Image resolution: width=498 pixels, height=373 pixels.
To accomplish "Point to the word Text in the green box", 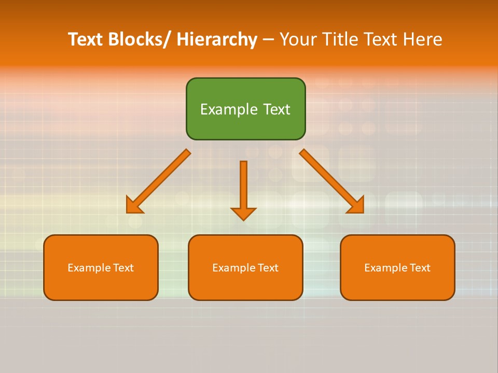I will pos(276,109).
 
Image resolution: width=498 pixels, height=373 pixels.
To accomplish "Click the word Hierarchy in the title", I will pos(216,39).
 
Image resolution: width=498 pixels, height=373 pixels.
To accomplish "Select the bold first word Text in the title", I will pos(86,39).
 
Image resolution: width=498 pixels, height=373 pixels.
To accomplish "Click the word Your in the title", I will pos(298,39).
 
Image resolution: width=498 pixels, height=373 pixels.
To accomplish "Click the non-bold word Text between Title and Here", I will pos(381,39).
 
